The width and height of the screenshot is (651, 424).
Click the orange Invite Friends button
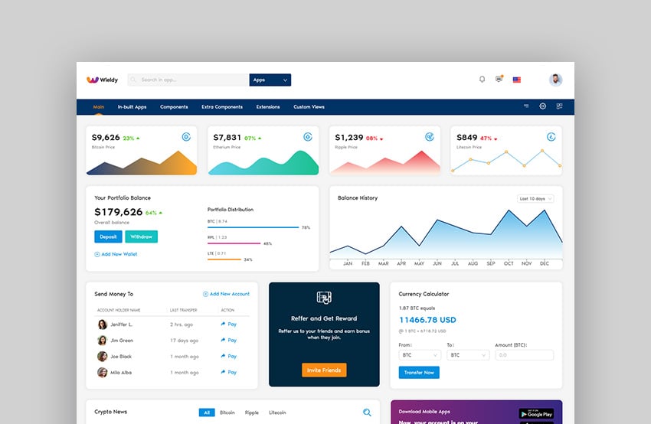point(324,370)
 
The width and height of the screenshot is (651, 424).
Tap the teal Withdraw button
point(141,237)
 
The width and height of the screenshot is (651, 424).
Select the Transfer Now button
point(419,373)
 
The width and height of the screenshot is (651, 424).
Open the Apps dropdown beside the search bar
point(270,80)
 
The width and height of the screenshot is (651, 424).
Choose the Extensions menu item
point(268,107)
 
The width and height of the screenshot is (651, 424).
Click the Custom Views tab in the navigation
point(309,107)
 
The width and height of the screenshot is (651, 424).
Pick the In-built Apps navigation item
point(132,107)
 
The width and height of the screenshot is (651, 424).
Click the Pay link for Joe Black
point(229,357)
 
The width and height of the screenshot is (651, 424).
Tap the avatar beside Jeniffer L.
point(102,325)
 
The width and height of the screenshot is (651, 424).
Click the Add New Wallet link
point(116,254)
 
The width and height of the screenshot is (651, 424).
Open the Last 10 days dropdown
point(535,199)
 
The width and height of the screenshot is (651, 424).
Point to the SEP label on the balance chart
point(491,264)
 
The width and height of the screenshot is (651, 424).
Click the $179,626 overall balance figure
point(118,212)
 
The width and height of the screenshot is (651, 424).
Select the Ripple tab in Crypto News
point(252,413)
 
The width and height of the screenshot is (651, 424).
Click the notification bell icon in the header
point(482,79)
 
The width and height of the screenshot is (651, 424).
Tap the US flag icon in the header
point(517,80)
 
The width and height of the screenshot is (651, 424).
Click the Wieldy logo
point(103,80)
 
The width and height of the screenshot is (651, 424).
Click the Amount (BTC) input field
point(524,355)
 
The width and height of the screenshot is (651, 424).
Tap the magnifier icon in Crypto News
point(367,413)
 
